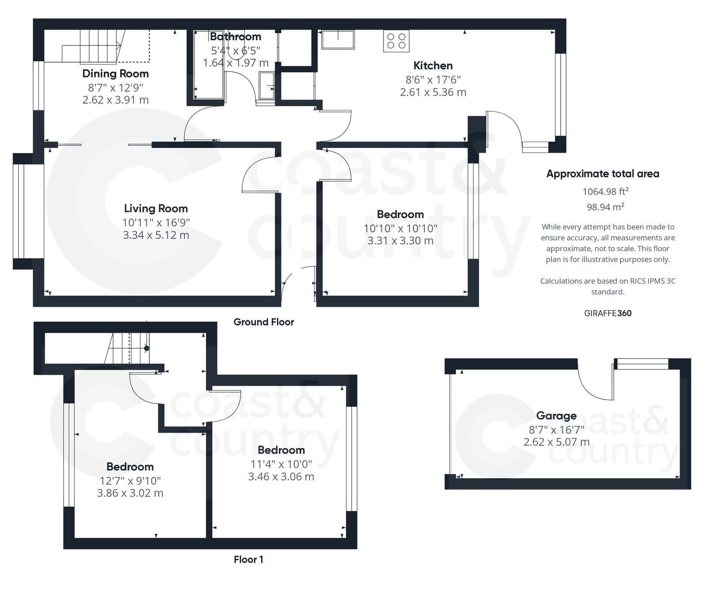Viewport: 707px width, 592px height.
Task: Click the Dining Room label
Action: click(x=115, y=73)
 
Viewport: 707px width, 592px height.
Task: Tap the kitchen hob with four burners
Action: click(x=396, y=41)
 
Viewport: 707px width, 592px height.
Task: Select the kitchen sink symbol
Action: click(x=338, y=39)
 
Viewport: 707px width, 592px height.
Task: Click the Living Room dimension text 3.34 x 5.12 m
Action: click(x=156, y=235)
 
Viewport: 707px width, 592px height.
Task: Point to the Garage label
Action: click(x=556, y=415)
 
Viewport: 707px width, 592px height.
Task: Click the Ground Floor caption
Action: click(x=264, y=322)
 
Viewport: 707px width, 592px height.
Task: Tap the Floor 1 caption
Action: click(x=248, y=559)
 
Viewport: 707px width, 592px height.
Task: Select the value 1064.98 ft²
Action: click(x=605, y=191)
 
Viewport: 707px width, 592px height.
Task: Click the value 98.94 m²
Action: click(x=605, y=207)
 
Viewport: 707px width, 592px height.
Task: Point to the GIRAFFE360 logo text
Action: click(x=608, y=313)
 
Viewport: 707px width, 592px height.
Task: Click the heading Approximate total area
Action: click(x=603, y=173)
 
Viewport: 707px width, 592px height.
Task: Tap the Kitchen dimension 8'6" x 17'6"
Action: click(x=433, y=79)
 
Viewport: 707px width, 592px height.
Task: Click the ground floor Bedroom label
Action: click(x=400, y=214)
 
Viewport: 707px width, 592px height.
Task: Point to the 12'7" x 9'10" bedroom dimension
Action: click(x=130, y=480)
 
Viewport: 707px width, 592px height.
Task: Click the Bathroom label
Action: click(x=236, y=36)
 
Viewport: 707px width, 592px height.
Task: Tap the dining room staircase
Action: click(x=91, y=46)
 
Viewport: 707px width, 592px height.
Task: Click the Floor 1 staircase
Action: click(x=128, y=349)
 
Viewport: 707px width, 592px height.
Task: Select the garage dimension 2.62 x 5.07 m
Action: click(x=556, y=442)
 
